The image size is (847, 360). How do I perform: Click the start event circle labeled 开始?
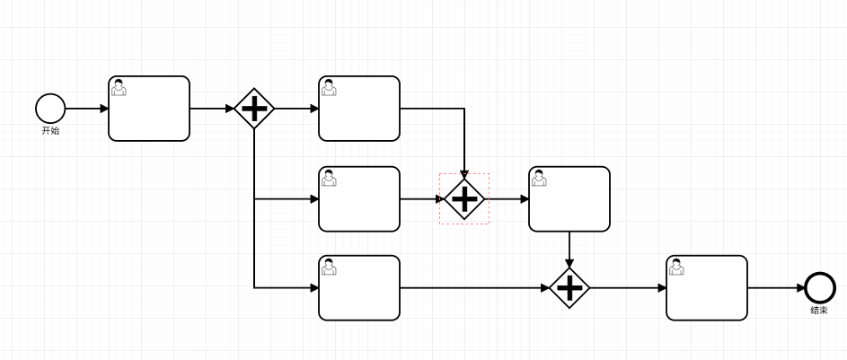pos(50,109)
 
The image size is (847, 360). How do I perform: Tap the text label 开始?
pos(50,131)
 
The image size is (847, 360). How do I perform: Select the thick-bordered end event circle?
pos(819,288)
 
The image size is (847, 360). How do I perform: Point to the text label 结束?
pos(819,311)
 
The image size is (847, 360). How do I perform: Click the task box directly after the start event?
pos(149,109)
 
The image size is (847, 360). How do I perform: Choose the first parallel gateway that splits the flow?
pos(254,109)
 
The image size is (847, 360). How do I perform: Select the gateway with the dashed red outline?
pos(463,198)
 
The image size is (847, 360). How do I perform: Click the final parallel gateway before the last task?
pos(569,288)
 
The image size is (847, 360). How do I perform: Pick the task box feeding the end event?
pos(707,288)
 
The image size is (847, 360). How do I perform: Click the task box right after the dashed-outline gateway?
pos(569,198)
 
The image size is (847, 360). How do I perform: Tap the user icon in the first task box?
pos(119,87)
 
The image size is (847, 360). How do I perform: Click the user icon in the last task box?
pos(676,267)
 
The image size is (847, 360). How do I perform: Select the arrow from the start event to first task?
pos(86,109)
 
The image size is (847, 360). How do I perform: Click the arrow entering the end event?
pos(776,288)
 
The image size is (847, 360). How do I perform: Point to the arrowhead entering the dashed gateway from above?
pos(463,172)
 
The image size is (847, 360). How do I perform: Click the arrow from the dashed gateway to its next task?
pos(507,198)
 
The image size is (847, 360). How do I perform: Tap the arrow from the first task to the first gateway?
pos(212,109)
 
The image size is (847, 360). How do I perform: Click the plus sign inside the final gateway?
pos(569,288)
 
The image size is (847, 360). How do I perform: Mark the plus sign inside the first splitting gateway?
pos(254,109)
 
